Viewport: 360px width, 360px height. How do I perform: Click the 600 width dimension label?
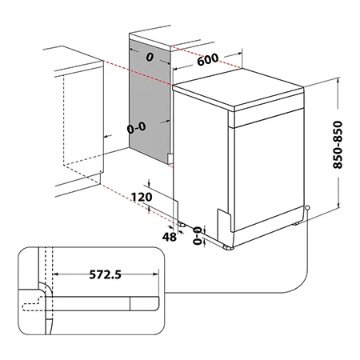[208, 59]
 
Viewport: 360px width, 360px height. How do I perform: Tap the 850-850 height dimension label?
[338, 145]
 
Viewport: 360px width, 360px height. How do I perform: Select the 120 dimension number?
[142, 197]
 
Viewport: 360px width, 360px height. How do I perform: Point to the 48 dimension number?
[170, 237]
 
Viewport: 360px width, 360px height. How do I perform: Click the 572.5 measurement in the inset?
[105, 274]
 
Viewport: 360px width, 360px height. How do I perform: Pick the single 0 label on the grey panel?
[150, 57]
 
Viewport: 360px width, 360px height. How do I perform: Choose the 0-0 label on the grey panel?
[137, 127]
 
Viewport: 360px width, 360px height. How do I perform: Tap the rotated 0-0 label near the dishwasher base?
[198, 235]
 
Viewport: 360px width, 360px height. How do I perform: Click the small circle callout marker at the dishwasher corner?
[307, 207]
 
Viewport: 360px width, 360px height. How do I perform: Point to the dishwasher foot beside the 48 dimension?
[182, 223]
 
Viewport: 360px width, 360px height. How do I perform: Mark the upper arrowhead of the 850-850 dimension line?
[338, 80]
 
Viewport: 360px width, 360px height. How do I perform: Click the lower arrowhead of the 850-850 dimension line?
[338, 205]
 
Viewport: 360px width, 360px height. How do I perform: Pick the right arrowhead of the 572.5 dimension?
[156, 274]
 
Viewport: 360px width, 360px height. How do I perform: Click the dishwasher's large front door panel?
[269, 170]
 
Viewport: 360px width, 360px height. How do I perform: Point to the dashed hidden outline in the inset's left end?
[32, 304]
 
